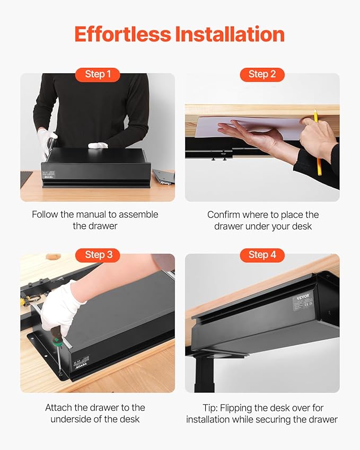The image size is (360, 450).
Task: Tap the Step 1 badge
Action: pyautogui.click(x=98, y=74)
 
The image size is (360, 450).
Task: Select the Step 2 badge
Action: pyautogui.click(x=262, y=74)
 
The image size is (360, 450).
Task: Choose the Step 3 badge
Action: pyautogui.click(x=98, y=255)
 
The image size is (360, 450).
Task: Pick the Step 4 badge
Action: pyautogui.click(x=262, y=255)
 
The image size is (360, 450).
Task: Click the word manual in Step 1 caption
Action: pyautogui.click(x=114, y=215)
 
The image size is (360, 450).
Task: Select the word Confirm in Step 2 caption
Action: pyautogui.click(x=224, y=215)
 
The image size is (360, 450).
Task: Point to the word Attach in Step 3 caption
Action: pyautogui.click(x=58, y=408)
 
